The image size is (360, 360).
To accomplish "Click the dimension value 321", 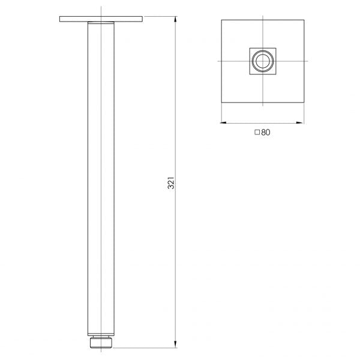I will [x=170, y=183].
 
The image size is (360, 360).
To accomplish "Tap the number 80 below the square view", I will [x=266, y=133].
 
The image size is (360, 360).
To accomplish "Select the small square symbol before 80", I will [x=257, y=133].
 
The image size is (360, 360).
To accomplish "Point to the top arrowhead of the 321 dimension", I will [x=175, y=20].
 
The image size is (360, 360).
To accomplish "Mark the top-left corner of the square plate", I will [x=221, y=21].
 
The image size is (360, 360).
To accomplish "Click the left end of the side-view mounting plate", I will [x=61, y=20].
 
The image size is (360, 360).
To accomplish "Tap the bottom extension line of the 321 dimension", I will [x=144, y=347].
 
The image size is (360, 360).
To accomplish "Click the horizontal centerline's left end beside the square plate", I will [x=217, y=61].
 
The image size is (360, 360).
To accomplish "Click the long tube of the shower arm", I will [x=100, y=180].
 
